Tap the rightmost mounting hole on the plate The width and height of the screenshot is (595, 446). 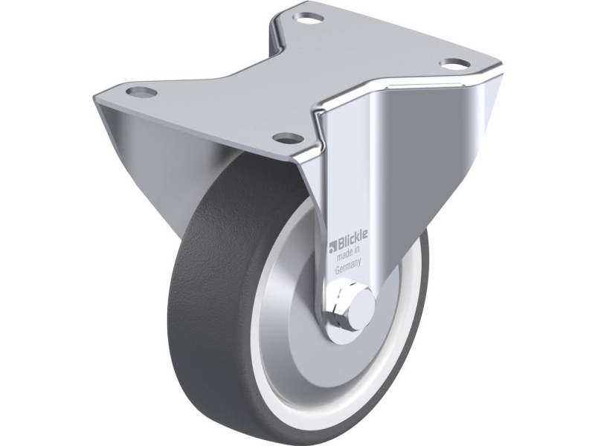coord(455,63)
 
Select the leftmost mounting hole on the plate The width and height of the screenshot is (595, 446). coord(141,91)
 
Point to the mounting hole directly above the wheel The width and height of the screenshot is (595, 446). coord(287,138)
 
